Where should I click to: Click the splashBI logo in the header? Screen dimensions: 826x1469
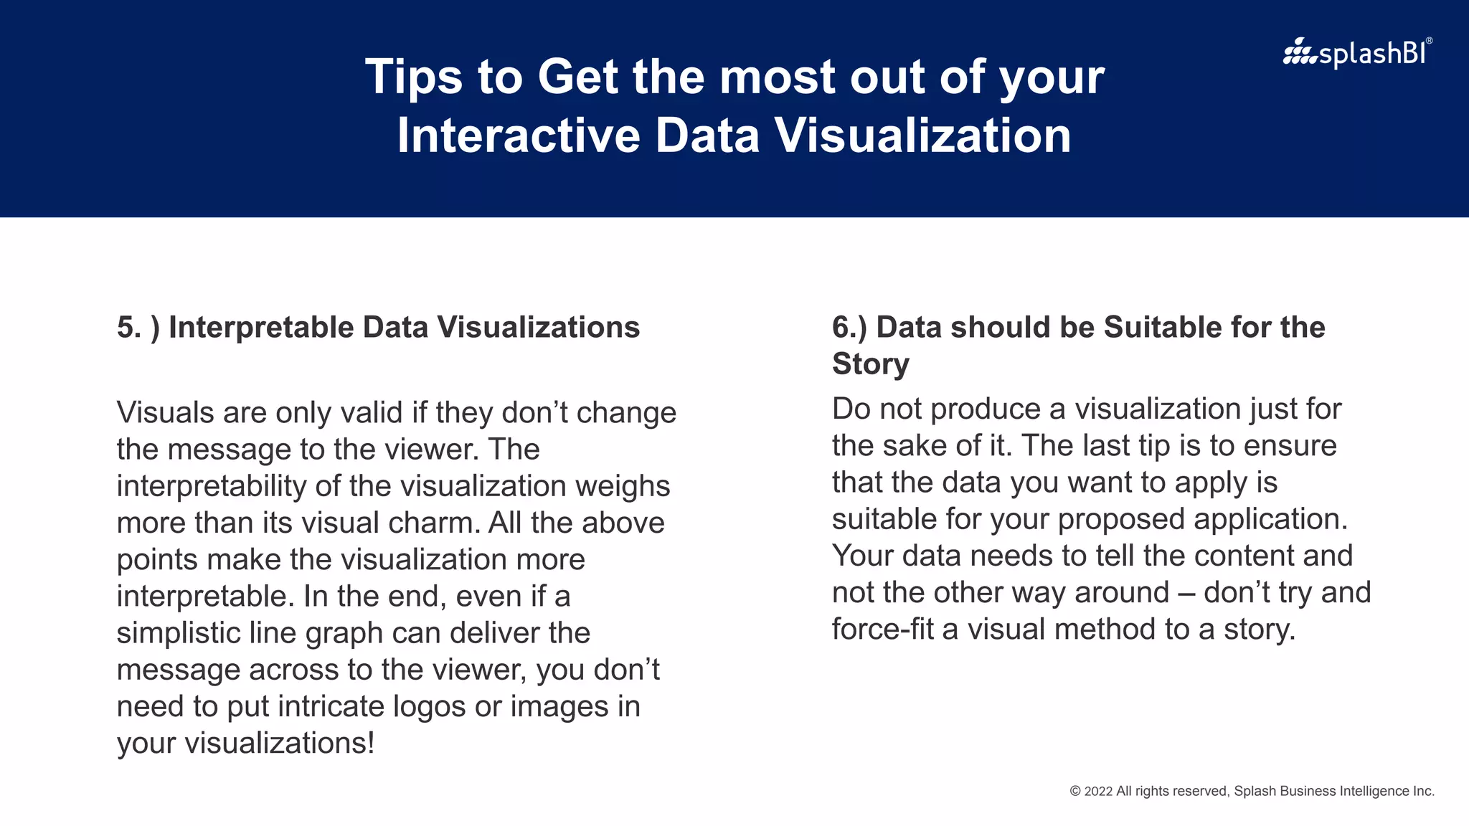click(1356, 53)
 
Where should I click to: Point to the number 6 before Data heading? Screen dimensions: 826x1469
click(840, 328)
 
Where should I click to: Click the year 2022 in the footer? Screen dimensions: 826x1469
click(1098, 792)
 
